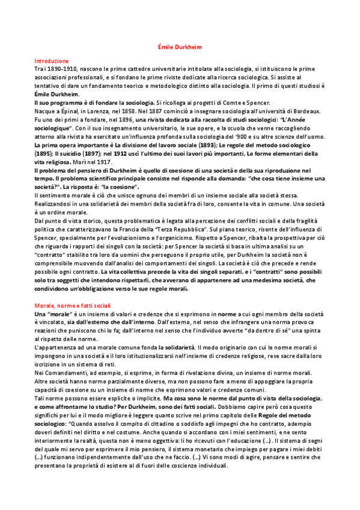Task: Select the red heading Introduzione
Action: (52, 61)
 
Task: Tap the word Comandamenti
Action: (68, 372)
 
